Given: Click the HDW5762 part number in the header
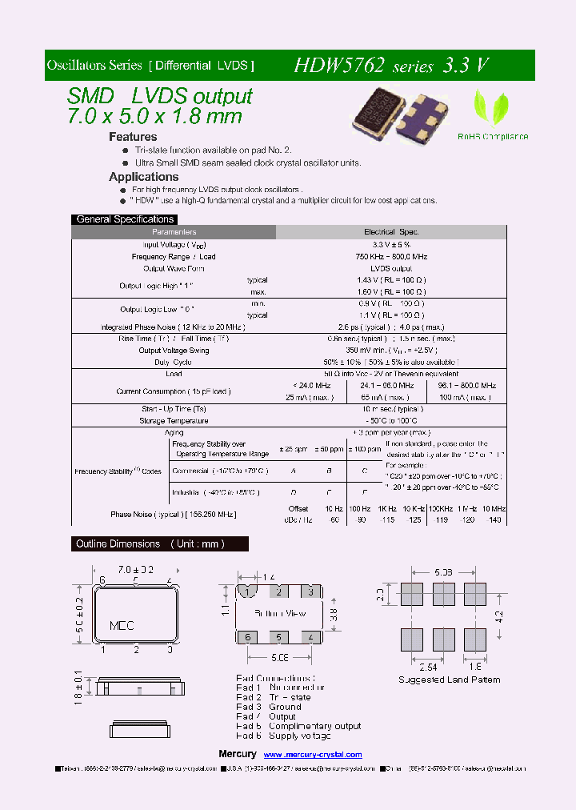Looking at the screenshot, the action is click(341, 66).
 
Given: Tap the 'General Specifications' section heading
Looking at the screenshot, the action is click(125, 219).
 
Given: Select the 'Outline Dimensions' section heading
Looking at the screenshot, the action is click(150, 544).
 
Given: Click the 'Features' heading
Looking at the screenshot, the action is click(133, 137).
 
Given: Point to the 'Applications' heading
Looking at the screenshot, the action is click(144, 177).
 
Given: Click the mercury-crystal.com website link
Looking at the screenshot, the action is click(313, 755).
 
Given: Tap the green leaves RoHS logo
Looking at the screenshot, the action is click(492, 106).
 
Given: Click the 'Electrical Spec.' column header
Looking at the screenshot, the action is click(391, 232).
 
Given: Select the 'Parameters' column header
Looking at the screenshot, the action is click(174, 232).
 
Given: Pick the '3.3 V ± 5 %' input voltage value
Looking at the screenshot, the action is click(391, 244).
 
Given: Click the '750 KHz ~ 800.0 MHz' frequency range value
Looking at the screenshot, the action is click(391, 256).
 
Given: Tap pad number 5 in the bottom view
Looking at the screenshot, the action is click(278, 637).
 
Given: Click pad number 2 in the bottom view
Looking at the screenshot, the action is click(278, 591).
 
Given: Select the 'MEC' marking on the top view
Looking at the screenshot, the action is click(121, 625).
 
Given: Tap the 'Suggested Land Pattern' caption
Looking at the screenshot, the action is click(450, 680).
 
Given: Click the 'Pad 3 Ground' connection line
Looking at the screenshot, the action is click(269, 707).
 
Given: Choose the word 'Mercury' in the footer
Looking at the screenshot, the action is click(238, 755).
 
